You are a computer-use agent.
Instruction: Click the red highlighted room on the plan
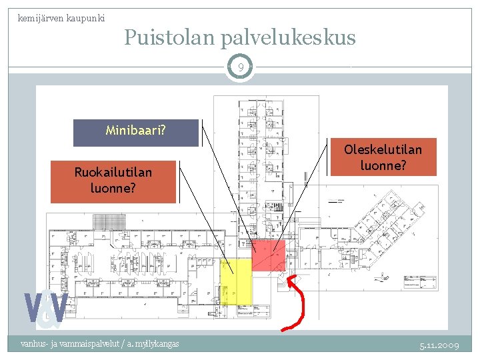point(269,255)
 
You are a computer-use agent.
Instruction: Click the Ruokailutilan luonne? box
point(113,181)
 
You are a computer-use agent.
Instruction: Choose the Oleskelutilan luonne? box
point(383,157)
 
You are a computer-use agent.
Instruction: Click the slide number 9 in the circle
point(240,67)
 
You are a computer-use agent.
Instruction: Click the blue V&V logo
point(46,309)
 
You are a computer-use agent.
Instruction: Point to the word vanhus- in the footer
point(33,344)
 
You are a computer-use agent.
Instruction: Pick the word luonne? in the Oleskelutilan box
point(383,165)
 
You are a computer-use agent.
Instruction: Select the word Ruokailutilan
point(113,173)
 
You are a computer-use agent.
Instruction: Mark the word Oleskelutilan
point(383,149)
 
